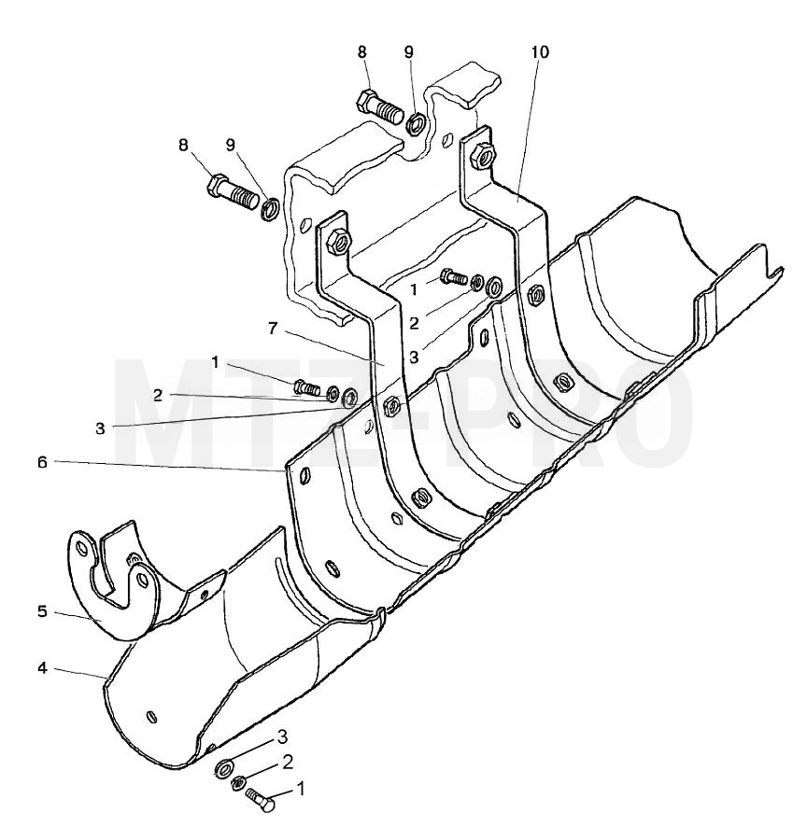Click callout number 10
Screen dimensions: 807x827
click(540, 52)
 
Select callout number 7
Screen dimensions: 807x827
click(273, 329)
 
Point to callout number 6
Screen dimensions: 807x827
click(43, 463)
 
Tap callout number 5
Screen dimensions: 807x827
click(42, 611)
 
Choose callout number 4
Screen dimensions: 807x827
click(42, 668)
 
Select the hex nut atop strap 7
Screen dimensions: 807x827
click(338, 242)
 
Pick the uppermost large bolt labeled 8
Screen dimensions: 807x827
click(380, 107)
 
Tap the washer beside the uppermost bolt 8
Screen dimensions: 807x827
click(416, 124)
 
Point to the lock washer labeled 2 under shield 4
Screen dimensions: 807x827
click(238, 784)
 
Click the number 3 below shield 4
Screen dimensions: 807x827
click(282, 736)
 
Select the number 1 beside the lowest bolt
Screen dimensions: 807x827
click(302, 789)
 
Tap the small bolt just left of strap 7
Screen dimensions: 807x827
click(306, 388)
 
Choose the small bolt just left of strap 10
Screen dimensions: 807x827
click(454, 276)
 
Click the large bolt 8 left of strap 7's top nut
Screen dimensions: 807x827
click(234, 192)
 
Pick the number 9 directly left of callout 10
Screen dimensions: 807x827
click(408, 52)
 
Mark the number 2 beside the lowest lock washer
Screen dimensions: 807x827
click(288, 762)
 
